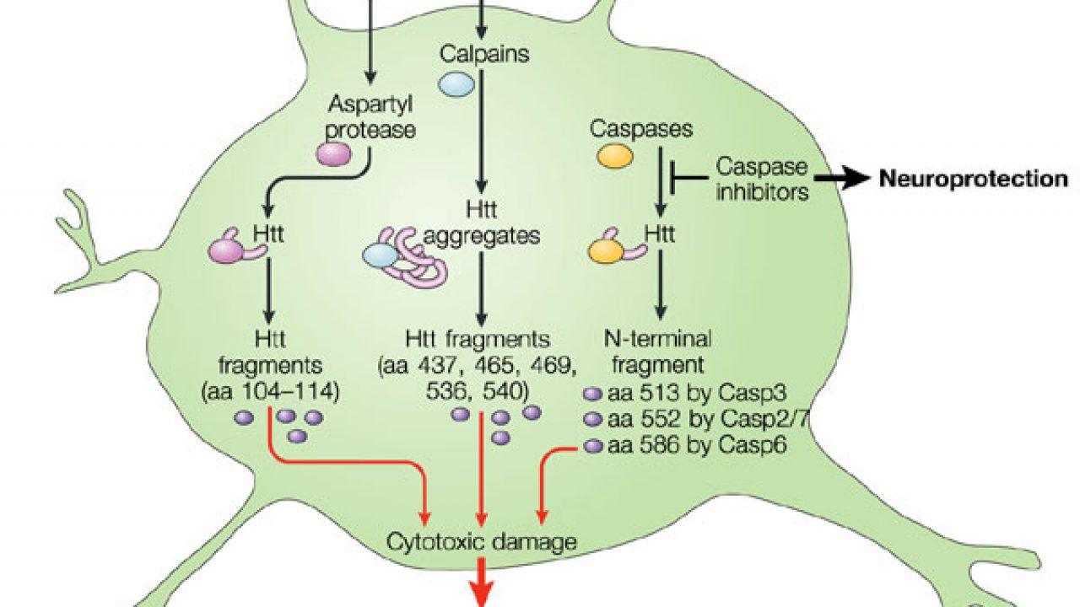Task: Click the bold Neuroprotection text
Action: click(974, 179)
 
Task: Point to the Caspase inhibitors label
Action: click(762, 179)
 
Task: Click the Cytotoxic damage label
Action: click(482, 540)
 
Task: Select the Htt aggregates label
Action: click(483, 223)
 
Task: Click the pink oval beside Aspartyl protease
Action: click(334, 153)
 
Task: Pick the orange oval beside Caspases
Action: click(614, 156)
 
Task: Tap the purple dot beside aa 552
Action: click(593, 419)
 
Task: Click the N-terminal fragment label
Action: click(658, 353)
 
